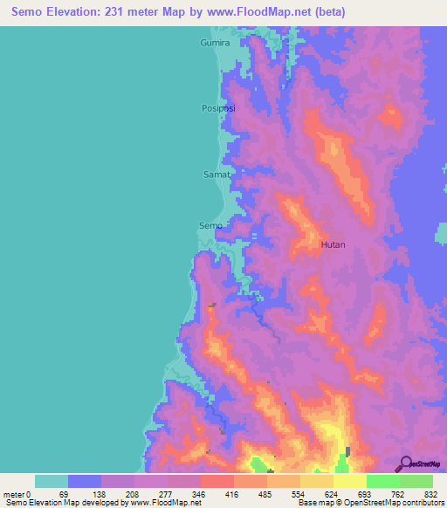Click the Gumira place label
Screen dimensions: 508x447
(214, 42)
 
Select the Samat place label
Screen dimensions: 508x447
(217, 174)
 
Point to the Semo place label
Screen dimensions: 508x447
(210, 225)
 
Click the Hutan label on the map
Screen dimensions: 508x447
(333, 245)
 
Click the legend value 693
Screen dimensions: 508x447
(365, 494)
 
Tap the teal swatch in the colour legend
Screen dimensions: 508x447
(51, 481)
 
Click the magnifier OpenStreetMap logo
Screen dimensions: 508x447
(406, 463)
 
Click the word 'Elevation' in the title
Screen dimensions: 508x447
(84, 12)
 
